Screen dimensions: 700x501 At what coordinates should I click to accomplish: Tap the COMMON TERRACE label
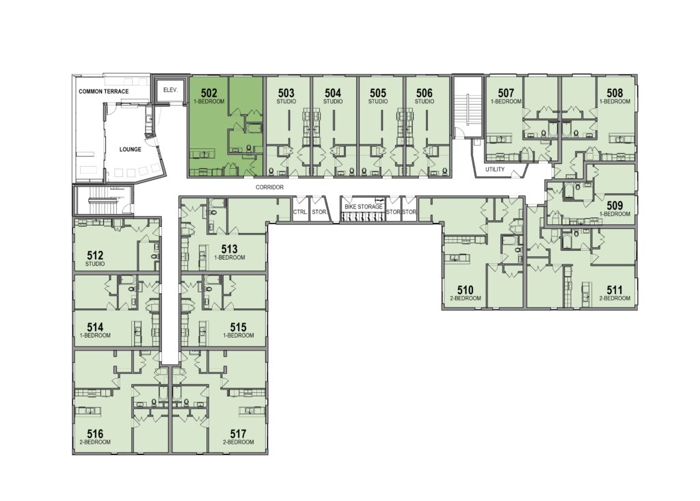click(104, 92)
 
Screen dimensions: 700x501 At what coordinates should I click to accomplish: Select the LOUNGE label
click(131, 150)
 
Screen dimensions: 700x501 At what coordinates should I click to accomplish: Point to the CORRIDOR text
click(269, 187)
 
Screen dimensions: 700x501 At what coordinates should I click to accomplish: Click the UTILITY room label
click(495, 170)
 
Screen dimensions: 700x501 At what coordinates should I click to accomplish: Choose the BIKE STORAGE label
click(364, 207)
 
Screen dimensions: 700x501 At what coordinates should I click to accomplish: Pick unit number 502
click(209, 94)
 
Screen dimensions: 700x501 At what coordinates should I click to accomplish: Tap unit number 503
click(286, 94)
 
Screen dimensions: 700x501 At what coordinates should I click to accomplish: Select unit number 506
click(424, 94)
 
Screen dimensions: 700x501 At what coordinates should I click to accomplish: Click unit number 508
click(615, 94)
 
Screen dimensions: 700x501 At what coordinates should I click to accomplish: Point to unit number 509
click(615, 206)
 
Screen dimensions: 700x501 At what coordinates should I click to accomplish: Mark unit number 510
click(465, 290)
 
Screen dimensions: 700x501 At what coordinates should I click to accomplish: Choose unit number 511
click(615, 290)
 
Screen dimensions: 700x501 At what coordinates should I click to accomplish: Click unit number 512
click(95, 256)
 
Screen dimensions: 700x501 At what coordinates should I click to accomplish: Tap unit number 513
click(229, 249)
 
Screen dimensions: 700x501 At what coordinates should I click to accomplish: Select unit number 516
click(95, 434)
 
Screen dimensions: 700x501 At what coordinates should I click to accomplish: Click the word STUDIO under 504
click(333, 101)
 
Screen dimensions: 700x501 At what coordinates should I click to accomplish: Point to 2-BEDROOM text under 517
click(239, 442)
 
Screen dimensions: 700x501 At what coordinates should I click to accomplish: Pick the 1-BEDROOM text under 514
click(95, 336)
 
